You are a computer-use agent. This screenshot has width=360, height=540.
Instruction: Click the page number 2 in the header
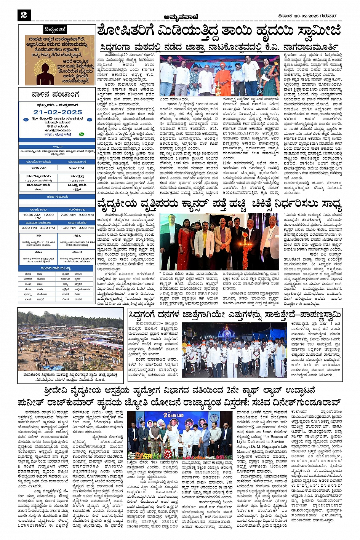(24, 15)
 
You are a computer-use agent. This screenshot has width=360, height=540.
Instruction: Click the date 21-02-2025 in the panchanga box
(57, 112)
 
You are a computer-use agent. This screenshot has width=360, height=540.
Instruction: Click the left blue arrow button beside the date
(26, 120)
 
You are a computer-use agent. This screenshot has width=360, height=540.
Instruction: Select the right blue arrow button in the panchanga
(89, 120)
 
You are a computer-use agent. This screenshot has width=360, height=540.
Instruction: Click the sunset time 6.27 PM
(76, 168)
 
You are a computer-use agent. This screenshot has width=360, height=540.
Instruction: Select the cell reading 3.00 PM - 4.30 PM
(38, 228)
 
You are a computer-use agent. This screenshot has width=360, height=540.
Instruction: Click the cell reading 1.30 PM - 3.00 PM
(77, 228)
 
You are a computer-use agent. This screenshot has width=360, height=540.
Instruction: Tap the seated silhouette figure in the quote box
(45, 72)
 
